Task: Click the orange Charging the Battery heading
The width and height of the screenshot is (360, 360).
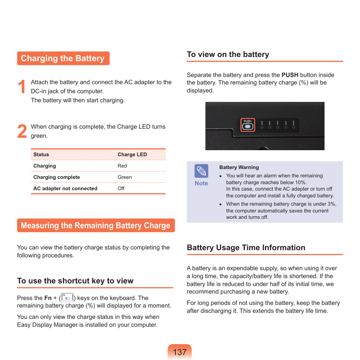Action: (x=63, y=58)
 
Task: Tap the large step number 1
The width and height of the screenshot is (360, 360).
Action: (x=22, y=87)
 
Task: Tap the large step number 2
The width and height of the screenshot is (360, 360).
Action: (x=22, y=132)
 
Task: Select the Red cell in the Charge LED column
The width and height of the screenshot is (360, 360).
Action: (x=122, y=166)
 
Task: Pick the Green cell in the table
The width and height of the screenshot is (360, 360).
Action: (x=125, y=177)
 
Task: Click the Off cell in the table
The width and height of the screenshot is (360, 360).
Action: (x=121, y=189)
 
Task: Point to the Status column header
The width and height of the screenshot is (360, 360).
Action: (x=41, y=155)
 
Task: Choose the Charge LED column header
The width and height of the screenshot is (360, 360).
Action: (x=132, y=155)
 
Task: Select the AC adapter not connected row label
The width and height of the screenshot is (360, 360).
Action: (x=65, y=189)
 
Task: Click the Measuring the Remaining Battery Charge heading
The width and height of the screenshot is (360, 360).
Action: (x=95, y=226)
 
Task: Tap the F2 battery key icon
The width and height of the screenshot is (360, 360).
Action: (x=67, y=298)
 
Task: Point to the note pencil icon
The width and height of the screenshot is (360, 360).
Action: (x=201, y=171)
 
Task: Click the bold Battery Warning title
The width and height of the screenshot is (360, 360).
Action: (x=239, y=168)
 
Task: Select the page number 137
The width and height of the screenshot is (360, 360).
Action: (x=180, y=352)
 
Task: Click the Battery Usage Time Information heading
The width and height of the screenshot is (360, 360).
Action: (x=246, y=248)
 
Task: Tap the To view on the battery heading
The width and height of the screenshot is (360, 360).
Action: (x=228, y=55)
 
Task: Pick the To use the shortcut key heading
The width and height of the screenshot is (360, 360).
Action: (x=75, y=281)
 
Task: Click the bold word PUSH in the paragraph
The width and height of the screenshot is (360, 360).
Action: (x=290, y=75)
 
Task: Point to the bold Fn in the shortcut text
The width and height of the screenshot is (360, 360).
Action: (x=48, y=298)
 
